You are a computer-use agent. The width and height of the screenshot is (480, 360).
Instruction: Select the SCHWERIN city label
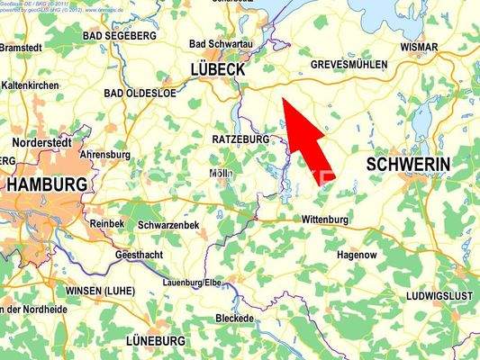pyautogui.click(x=409, y=164)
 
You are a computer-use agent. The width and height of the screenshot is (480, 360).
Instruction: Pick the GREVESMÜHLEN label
pyautogui.click(x=349, y=65)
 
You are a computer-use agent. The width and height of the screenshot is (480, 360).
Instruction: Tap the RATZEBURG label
pyautogui.click(x=241, y=140)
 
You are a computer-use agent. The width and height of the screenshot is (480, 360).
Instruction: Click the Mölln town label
pyautogui.click(x=220, y=173)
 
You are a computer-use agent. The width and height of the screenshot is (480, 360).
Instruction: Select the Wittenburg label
pyautogui.click(x=325, y=220)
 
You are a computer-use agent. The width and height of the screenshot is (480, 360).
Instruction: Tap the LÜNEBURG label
pyautogui.click(x=156, y=341)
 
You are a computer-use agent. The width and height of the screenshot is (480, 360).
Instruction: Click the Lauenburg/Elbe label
pyautogui.click(x=192, y=283)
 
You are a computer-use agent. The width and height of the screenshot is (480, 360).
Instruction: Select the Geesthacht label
pyautogui.click(x=140, y=255)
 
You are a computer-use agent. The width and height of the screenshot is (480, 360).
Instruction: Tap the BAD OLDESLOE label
pyautogui.click(x=138, y=93)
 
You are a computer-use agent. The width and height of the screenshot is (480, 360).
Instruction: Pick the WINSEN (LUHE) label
pyautogui.click(x=101, y=292)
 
